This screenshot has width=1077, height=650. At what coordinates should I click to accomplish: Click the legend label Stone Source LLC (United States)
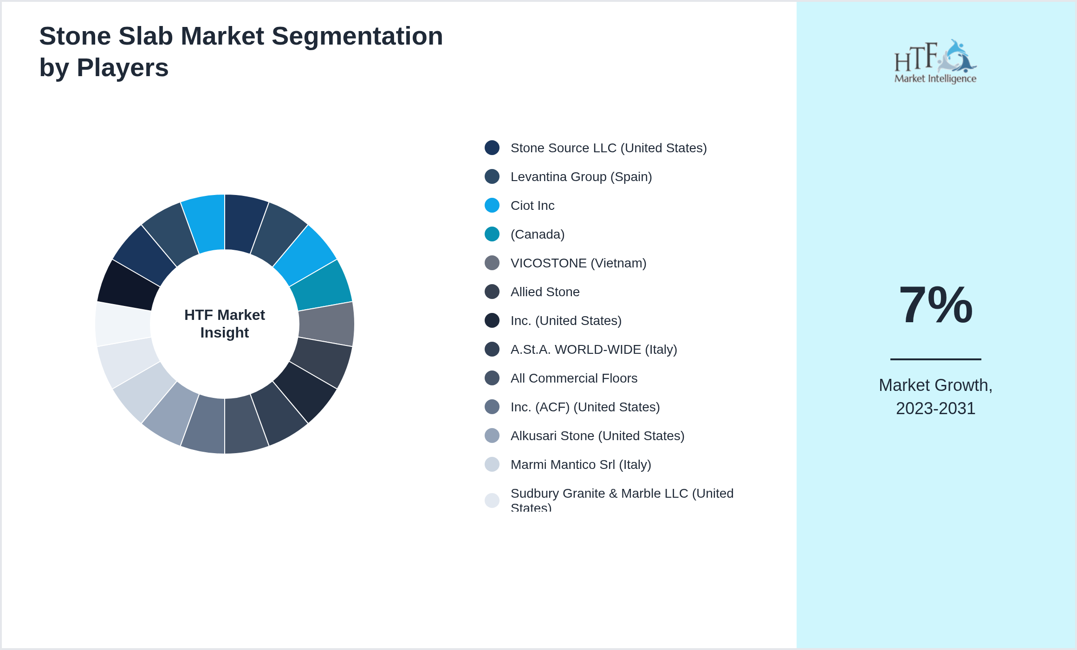tap(609, 148)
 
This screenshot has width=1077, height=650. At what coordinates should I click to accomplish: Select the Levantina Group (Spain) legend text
tap(581, 176)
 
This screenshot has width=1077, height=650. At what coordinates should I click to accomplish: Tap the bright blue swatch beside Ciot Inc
tap(492, 205)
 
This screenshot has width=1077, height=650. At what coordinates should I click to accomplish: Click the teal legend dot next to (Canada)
tap(492, 234)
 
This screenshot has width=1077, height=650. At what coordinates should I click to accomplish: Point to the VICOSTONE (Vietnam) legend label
tap(578, 263)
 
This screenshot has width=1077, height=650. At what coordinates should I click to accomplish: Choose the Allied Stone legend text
tap(545, 292)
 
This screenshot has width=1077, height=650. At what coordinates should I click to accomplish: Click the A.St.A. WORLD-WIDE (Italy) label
tap(594, 349)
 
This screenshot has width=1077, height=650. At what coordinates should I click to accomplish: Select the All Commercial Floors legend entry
tap(574, 378)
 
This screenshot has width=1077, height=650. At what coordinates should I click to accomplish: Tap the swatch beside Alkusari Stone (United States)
tap(492, 435)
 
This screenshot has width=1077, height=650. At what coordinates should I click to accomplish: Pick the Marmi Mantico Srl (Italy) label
tap(581, 464)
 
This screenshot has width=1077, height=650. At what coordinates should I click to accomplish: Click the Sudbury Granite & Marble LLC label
tap(622, 499)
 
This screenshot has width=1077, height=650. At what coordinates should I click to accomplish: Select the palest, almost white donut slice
tap(123, 324)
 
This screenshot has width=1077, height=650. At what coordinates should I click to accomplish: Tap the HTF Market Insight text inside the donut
tap(225, 324)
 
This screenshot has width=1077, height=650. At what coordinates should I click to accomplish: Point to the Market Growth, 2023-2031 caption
tap(936, 396)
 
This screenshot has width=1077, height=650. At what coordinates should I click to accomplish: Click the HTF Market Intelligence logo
tap(935, 61)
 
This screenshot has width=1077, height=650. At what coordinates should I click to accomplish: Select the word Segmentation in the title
tap(357, 36)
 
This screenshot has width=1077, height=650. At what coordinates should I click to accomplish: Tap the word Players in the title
tap(123, 68)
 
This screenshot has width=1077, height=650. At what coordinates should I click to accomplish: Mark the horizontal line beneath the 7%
tap(936, 359)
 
